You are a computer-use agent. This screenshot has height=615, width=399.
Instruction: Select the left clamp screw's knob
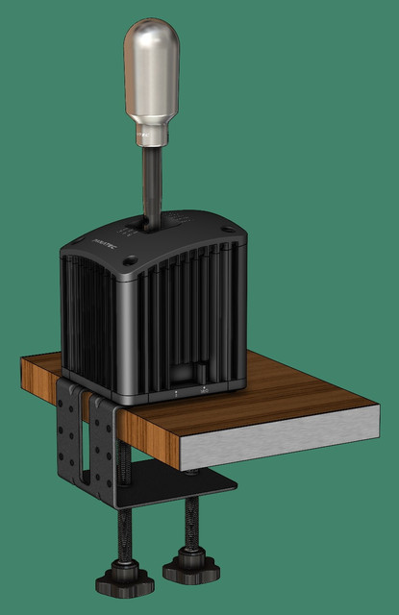[x=117, y=581]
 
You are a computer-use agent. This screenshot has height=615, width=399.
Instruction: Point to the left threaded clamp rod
[x=123, y=538]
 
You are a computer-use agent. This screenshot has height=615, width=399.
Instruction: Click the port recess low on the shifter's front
[x=188, y=375]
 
